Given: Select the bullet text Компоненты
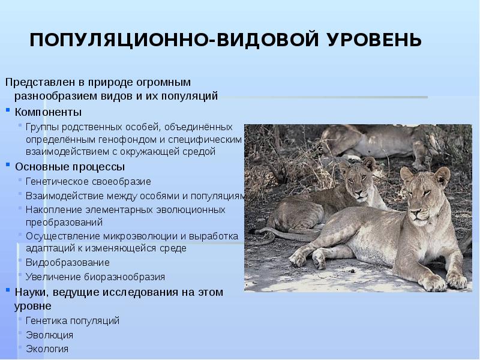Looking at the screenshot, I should [49, 112].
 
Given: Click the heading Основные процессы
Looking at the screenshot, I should [70, 166].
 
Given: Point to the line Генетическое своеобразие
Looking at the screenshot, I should [88, 181].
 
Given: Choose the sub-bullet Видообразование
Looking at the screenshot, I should [67, 262].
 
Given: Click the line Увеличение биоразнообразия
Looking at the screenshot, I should [95, 277].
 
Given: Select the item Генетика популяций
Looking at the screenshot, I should [73, 320].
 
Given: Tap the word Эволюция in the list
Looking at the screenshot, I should [49, 335].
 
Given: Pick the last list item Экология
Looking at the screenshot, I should [47, 349].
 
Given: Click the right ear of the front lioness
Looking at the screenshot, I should [442, 175].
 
